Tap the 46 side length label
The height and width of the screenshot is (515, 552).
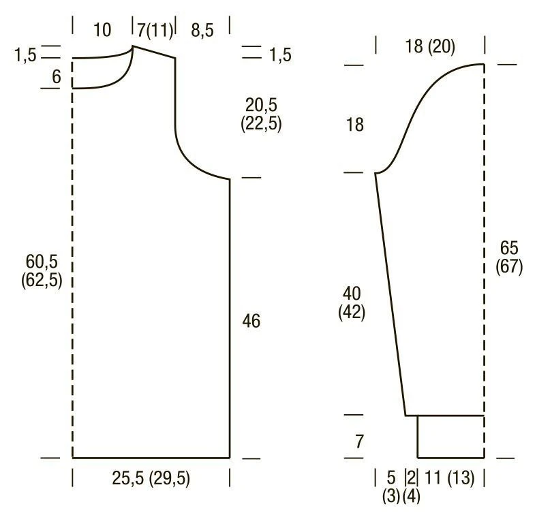251,321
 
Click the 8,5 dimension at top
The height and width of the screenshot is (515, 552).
202,30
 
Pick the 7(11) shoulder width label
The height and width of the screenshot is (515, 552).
155,30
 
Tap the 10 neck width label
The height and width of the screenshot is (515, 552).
102,30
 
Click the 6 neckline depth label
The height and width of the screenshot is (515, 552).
57,76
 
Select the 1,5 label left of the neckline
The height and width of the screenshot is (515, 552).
25,55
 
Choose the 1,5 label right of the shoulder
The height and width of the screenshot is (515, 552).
280,55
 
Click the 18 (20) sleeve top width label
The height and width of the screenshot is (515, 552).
430,46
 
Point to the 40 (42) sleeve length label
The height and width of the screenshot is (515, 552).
352,302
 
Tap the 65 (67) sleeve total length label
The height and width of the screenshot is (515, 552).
509,257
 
